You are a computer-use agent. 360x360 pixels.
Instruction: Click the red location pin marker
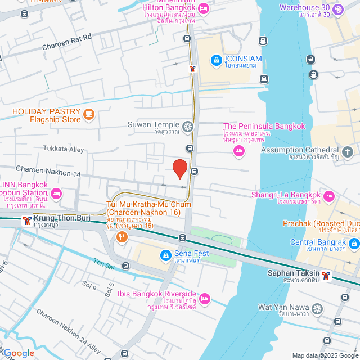(x=179, y=169)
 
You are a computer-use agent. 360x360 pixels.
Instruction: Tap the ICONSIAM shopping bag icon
(x=215, y=59)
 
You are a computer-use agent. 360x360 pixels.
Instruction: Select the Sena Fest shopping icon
(x=165, y=256)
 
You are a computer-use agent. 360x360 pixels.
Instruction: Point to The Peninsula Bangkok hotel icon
(x=239, y=150)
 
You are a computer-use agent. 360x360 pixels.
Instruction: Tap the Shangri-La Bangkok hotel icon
(x=329, y=196)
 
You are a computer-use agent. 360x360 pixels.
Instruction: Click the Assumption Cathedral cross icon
(x=348, y=151)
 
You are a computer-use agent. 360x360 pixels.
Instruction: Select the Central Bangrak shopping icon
(x=354, y=243)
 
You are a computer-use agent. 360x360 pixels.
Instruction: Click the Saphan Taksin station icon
(x=325, y=275)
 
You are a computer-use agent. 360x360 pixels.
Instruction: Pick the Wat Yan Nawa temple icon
(x=318, y=308)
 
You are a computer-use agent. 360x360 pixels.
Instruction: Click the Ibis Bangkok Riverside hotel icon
(x=205, y=298)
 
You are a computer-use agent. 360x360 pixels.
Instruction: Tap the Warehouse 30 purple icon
(x=337, y=9)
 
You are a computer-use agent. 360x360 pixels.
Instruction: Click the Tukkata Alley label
(x=64, y=149)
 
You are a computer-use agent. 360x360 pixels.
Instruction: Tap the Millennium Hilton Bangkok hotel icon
(x=204, y=8)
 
